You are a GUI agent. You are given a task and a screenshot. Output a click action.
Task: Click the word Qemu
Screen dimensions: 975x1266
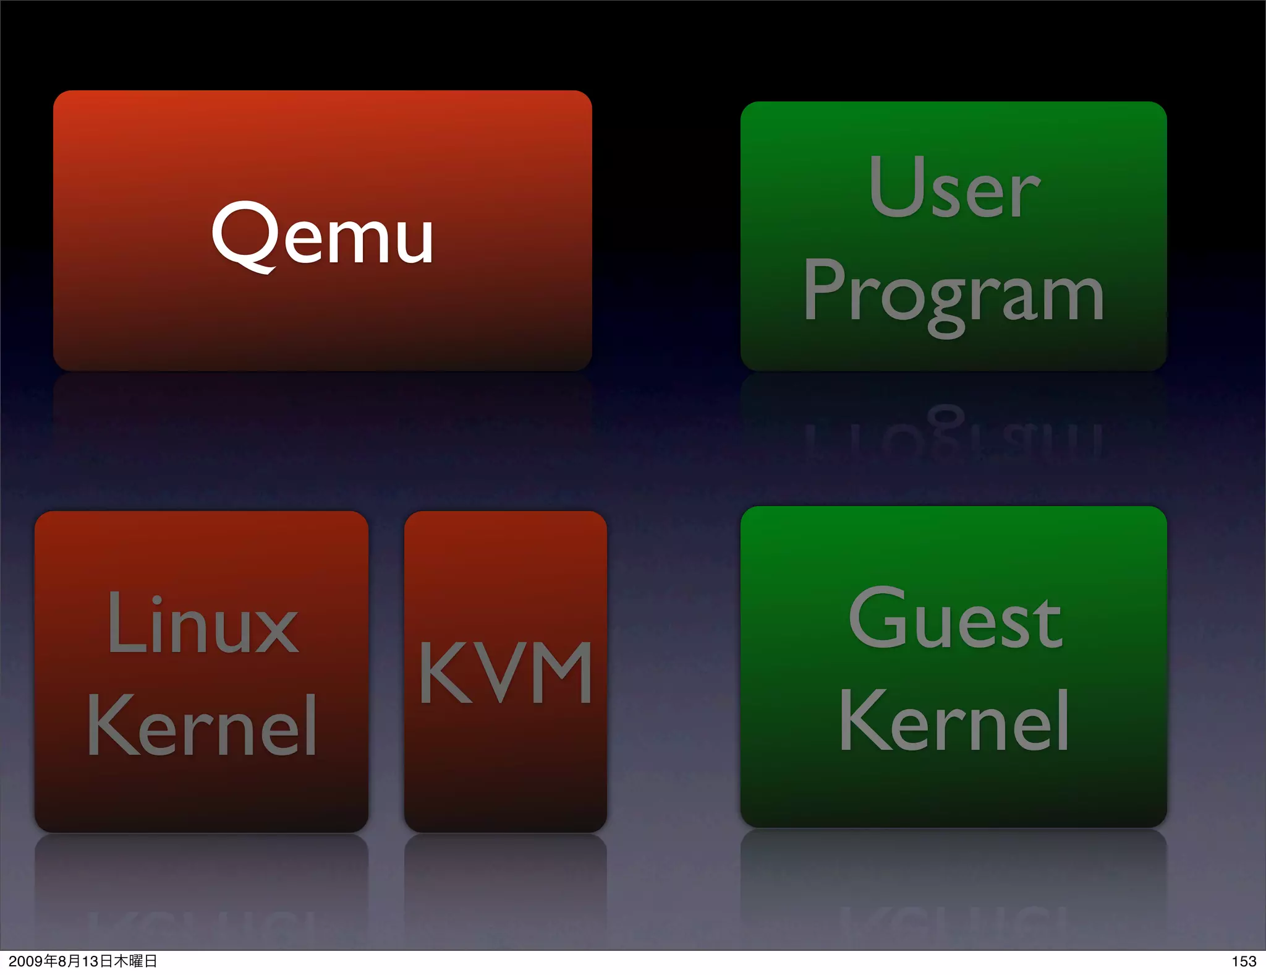click(322, 236)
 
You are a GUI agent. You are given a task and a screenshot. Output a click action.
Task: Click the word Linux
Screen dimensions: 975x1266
click(202, 623)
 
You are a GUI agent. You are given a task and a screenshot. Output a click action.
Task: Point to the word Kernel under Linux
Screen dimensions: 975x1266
click(202, 725)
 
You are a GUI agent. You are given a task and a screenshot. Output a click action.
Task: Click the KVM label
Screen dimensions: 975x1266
click(506, 672)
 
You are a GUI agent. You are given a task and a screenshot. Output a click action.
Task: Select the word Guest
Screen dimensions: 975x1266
click(955, 618)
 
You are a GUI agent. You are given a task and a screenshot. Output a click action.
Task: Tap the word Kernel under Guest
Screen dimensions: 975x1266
click(954, 721)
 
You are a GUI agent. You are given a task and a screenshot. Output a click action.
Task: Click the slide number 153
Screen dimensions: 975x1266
click(1243, 961)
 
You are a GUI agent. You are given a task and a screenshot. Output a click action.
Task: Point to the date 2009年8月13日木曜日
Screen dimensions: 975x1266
click(83, 961)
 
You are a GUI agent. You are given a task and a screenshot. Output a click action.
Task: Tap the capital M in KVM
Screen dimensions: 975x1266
click(561, 672)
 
